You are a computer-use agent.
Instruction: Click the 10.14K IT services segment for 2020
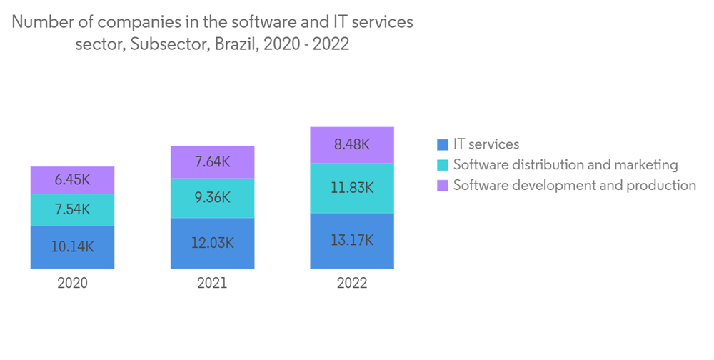[x=72, y=247]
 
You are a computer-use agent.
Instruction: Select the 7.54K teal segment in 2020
[x=72, y=210]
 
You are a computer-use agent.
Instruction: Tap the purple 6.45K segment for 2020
[x=72, y=181]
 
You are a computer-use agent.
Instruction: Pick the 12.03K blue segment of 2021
[x=212, y=243]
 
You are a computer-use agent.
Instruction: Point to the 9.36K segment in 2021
[x=212, y=198]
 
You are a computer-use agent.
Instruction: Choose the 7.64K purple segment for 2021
[x=212, y=162]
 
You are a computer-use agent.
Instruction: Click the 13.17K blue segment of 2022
[x=352, y=241]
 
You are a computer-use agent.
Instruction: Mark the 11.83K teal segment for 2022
[x=352, y=188]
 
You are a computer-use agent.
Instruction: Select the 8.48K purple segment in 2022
[x=352, y=145]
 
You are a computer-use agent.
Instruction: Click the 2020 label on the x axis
[x=72, y=283]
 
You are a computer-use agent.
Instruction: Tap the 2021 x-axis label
[x=212, y=283]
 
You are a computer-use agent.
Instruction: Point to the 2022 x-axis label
[x=352, y=283]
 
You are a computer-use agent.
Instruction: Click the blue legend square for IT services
[x=443, y=145]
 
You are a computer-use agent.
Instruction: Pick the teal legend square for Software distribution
[x=443, y=165]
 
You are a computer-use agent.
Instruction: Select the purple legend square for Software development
[x=443, y=186]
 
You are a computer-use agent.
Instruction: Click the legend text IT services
[x=486, y=145]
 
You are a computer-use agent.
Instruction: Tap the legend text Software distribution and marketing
[x=565, y=165]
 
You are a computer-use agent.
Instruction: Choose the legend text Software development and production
[x=574, y=186]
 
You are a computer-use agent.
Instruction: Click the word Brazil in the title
[x=239, y=44]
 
